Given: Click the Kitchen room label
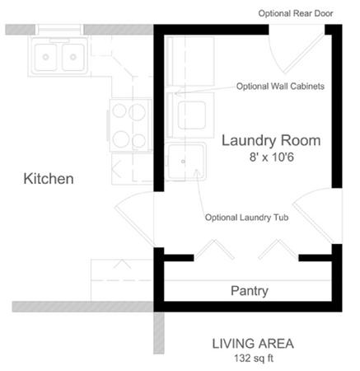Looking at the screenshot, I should [49, 178].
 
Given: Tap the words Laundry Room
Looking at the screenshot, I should [271, 140].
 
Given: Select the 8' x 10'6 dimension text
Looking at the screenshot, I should [271, 157].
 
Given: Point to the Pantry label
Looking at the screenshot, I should [250, 291].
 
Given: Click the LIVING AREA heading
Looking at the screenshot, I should [253, 344].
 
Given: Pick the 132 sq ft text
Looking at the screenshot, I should [253, 359].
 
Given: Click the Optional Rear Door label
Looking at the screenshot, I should [297, 13].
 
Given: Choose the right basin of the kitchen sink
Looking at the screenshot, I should [73, 58].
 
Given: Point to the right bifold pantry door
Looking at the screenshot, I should [277, 250].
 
